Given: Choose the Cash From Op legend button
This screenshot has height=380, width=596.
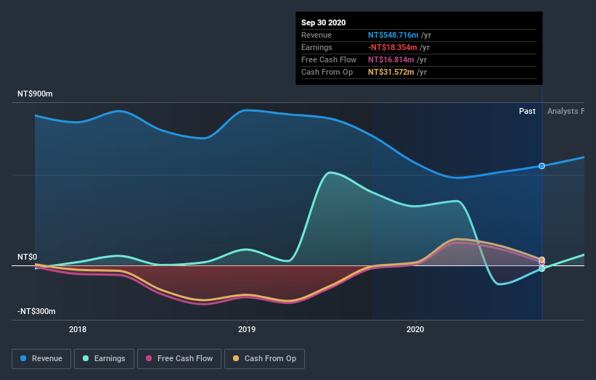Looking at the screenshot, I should pos(264,358).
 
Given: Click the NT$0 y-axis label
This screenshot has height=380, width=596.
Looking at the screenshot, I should pos(28,257).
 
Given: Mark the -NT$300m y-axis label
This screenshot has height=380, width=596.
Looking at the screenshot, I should pos(36,311).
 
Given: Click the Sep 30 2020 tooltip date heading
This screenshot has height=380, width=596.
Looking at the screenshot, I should pos(324,22).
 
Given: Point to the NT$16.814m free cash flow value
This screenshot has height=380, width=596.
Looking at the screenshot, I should pos(393,59).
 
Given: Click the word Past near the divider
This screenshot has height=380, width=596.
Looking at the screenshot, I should pos(527,111).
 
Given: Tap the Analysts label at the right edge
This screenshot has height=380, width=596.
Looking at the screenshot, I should pos(566,111).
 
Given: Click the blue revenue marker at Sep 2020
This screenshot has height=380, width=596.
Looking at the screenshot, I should pos(542,166).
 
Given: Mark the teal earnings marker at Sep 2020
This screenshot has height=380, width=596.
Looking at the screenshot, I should pos(542,268).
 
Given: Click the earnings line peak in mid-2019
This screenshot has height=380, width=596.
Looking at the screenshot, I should pos(330,173).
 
